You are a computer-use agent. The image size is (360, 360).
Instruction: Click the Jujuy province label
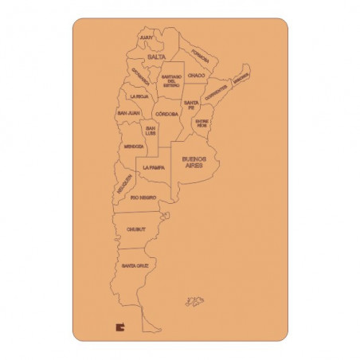[x=146, y=37]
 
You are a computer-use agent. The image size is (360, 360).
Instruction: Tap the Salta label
[x=155, y=57]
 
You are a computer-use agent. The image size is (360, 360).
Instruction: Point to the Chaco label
[x=197, y=76]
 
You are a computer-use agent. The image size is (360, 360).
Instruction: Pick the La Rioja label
[x=139, y=96]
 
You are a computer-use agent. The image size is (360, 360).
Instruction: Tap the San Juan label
[x=129, y=113]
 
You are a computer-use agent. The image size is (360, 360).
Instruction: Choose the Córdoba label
[x=166, y=114]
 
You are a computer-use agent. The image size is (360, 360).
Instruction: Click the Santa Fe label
[x=191, y=105]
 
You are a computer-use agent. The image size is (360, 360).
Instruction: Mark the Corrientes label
[x=216, y=94]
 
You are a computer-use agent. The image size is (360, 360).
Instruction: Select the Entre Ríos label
[x=202, y=123]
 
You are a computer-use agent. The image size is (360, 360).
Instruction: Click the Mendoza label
[x=134, y=147]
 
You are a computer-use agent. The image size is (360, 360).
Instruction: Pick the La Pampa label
[x=154, y=168]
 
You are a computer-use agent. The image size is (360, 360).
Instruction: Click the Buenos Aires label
[x=194, y=162]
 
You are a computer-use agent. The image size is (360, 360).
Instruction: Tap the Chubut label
[x=136, y=229]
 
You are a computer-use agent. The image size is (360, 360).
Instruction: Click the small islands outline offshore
[x=194, y=301]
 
